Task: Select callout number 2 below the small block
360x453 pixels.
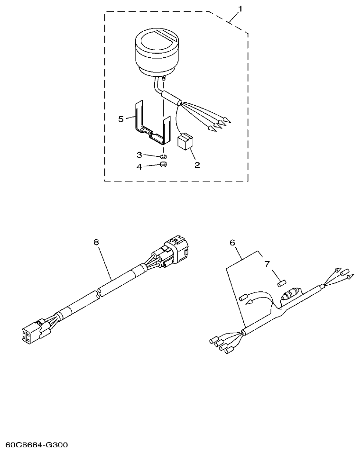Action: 197,165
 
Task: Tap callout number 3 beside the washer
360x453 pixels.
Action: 139,155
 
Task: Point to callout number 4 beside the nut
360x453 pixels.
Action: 139,166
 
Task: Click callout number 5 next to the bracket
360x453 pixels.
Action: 121,119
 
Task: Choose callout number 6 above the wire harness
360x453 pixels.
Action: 232,242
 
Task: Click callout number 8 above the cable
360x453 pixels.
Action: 96,242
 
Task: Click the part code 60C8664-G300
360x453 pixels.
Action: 37,445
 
